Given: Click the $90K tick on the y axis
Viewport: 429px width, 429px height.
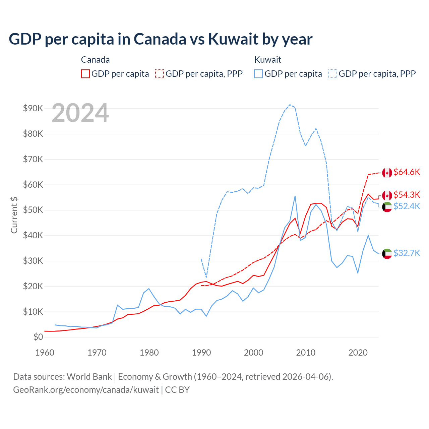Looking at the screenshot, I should [x=33, y=108].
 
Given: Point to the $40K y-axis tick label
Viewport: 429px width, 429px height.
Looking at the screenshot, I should [x=33, y=235].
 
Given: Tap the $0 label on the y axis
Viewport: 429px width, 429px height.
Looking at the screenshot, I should [x=38, y=337].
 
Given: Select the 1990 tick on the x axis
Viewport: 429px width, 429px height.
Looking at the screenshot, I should [x=201, y=353].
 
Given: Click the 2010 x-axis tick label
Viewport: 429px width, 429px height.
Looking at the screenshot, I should [x=306, y=353].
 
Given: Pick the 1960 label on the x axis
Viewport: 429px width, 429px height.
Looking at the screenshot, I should [x=45, y=353].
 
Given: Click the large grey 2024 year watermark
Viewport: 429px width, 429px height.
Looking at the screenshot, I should [x=80, y=113].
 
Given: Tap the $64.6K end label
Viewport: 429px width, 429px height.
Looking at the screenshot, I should [x=407, y=172].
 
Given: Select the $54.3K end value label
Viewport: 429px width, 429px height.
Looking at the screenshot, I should [x=407, y=195].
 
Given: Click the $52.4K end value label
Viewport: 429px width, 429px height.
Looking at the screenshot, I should [x=407, y=206].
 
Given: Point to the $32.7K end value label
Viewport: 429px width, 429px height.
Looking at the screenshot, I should [x=407, y=253].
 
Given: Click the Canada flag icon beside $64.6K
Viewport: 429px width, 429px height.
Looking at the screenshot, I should [x=387, y=173].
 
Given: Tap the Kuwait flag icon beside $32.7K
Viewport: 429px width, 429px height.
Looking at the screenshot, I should [x=387, y=254].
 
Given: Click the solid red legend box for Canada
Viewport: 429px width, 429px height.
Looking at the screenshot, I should [x=85, y=74].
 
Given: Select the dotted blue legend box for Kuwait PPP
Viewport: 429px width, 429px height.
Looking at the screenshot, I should [x=333, y=74].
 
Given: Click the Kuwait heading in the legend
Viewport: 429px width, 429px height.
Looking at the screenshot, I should [x=267, y=60].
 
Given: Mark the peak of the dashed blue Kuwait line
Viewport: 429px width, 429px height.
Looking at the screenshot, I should [x=290, y=105].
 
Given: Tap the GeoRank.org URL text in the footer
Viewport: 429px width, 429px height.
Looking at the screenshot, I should [x=86, y=390].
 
